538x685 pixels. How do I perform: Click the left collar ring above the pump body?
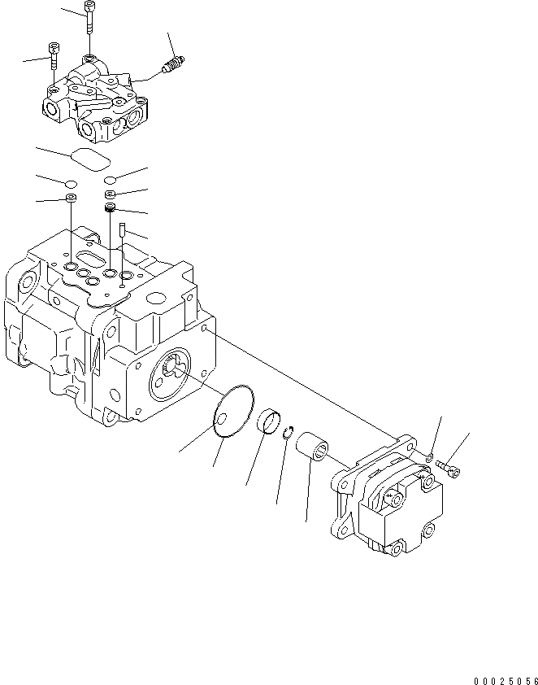pos(72,198)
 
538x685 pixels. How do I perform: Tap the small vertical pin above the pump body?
pos(120,231)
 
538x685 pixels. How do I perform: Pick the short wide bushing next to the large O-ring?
pos(268,425)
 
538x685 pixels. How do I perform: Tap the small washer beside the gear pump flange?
pos(428,459)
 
